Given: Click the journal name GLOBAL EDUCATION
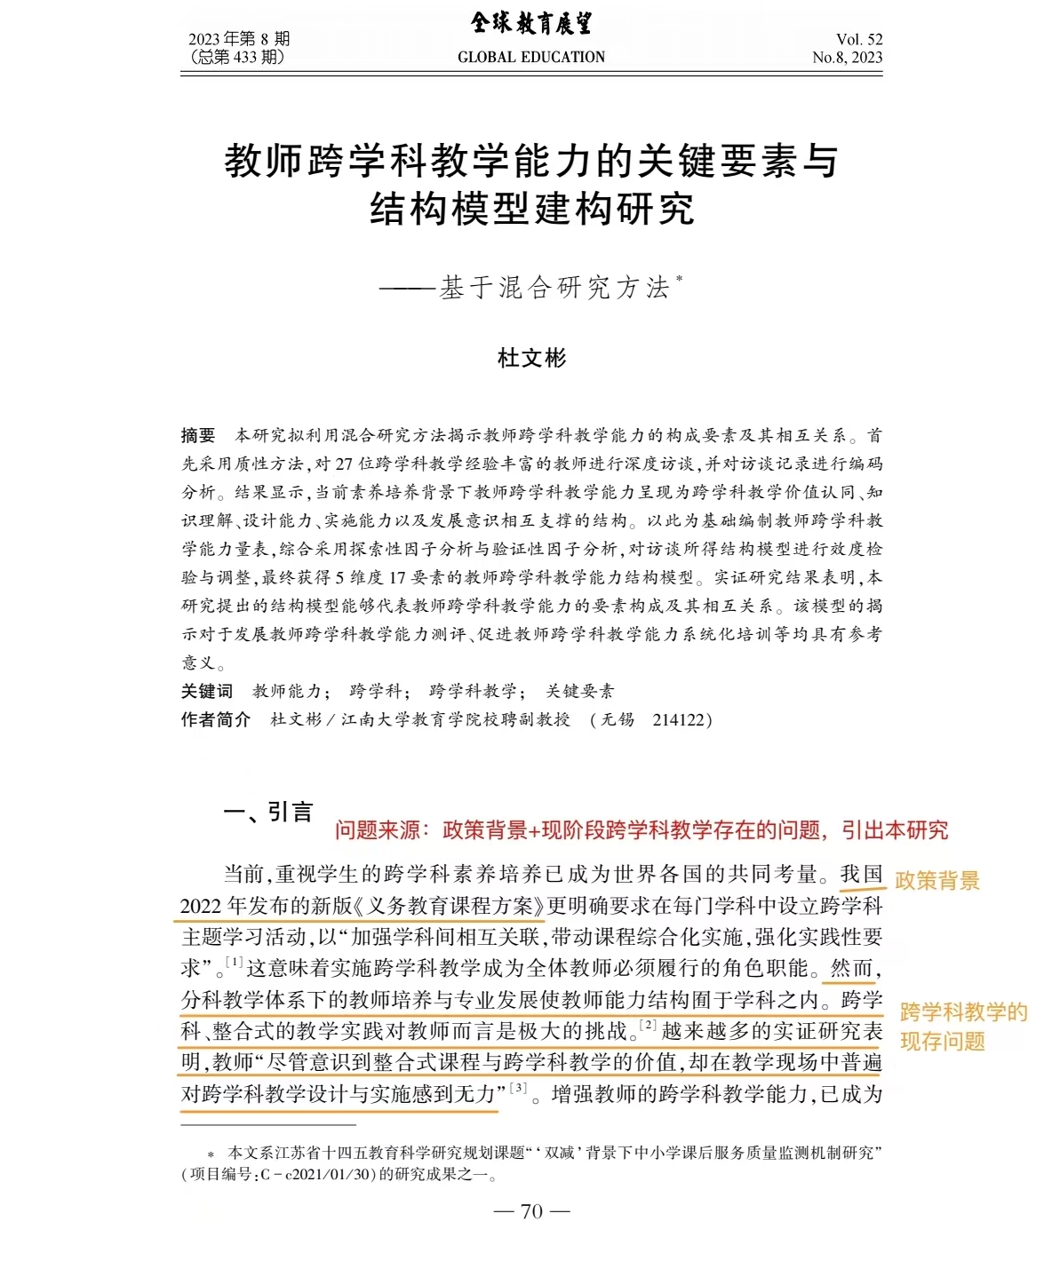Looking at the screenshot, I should pyautogui.click(x=530, y=57).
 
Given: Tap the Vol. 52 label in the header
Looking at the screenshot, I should pyautogui.click(x=858, y=39).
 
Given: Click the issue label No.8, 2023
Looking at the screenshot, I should pyautogui.click(x=847, y=58).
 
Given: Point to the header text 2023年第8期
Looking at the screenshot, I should pyautogui.click(x=239, y=39).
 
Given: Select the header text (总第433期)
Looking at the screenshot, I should pyautogui.click(x=237, y=58).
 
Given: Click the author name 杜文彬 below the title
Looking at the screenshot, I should pyautogui.click(x=531, y=358).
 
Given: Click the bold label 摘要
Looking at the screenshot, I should pyautogui.click(x=198, y=435).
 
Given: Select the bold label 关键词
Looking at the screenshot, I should pyautogui.click(x=207, y=691).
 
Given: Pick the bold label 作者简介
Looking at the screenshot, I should pyautogui.click(x=216, y=719).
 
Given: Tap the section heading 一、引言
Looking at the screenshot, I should pyautogui.click(x=267, y=812).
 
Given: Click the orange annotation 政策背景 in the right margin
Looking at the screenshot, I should pyautogui.click(x=936, y=881).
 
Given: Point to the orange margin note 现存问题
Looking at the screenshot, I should pyautogui.click(x=943, y=1041).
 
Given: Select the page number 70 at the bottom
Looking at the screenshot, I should pyautogui.click(x=531, y=1211).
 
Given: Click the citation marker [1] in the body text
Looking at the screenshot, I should pyautogui.click(x=234, y=962).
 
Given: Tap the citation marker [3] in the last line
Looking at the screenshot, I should pyautogui.click(x=518, y=1088).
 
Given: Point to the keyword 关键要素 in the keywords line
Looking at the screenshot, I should pyautogui.click(x=579, y=691).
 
